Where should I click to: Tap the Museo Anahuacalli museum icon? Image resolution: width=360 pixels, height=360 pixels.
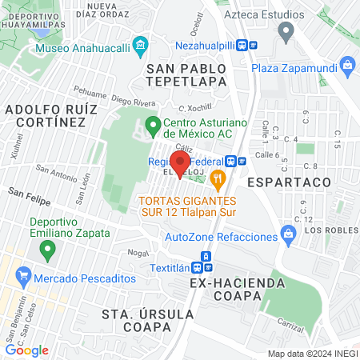point(142,45)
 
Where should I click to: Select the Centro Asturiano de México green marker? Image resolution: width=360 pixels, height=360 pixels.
point(153,124)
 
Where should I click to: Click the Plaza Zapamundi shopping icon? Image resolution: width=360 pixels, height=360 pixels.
point(347,64)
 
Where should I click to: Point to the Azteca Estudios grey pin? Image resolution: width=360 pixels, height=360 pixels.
point(286,32)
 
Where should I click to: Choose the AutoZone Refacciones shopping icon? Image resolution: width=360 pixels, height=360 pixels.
point(288,235)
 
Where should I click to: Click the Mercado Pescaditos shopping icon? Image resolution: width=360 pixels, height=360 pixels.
point(24,278)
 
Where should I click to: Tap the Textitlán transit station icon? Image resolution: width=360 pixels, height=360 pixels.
point(206,256)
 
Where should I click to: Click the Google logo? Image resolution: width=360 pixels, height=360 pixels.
point(26,350)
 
